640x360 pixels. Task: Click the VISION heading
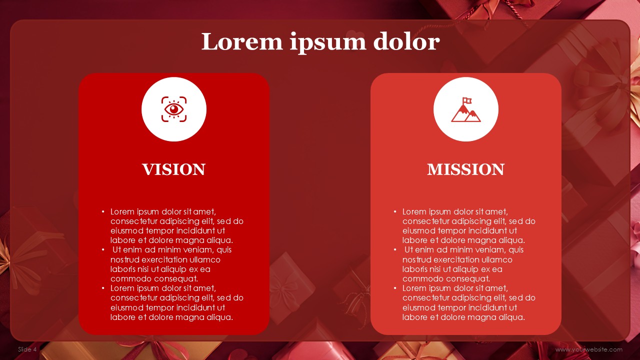[173, 169]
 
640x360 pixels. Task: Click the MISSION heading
[465, 169]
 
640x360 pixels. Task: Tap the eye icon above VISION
[173, 109]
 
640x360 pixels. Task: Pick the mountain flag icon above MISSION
[465, 109]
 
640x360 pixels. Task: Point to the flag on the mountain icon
[467, 100]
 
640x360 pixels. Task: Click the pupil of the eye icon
[173, 109]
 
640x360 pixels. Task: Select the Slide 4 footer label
[27, 349]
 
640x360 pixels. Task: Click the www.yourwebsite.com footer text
[588, 349]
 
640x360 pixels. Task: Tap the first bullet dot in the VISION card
[103, 212]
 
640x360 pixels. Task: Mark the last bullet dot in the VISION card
[103, 288]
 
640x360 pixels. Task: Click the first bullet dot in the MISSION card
[395, 212]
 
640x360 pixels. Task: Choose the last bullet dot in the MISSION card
[395, 288]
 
